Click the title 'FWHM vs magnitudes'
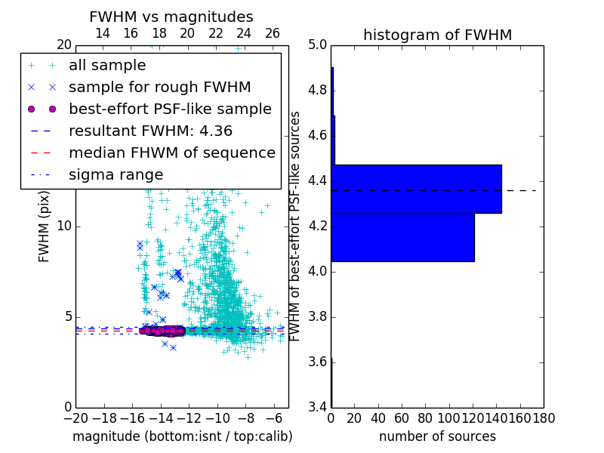click(171, 17)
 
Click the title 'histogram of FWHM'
click(437, 35)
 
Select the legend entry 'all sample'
click(107, 66)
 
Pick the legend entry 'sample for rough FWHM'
click(159, 88)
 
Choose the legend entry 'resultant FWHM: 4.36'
click(150, 131)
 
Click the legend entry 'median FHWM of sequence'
click(171, 153)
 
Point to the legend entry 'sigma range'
click(116, 174)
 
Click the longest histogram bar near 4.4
click(416, 189)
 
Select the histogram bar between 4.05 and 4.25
click(402, 237)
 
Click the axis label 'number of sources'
click(437, 436)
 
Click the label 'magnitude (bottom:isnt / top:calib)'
click(182, 436)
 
